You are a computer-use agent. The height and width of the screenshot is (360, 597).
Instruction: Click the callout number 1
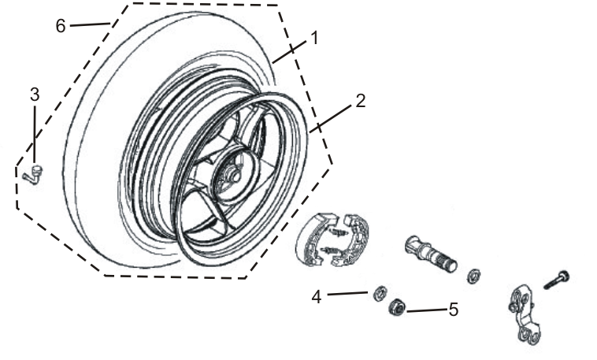coord(313,37)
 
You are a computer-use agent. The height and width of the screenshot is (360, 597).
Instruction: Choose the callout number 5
coord(453,310)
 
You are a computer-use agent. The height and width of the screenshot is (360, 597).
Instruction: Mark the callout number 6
coord(61,25)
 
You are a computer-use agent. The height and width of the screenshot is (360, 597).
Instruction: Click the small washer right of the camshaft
coord(475,276)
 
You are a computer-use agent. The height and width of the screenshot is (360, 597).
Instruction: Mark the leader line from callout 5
coord(426,310)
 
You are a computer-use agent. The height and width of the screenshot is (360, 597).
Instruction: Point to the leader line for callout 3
coord(35,134)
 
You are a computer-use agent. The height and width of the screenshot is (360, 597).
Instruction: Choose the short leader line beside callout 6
coord(89,25)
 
